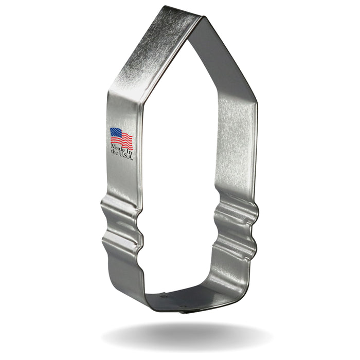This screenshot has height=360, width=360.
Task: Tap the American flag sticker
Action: coord(121,138)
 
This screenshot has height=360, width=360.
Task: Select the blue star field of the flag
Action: coord(115,133)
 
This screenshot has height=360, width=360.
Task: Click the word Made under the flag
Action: coord(116,151)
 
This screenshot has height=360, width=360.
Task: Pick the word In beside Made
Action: coord(128,151)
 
